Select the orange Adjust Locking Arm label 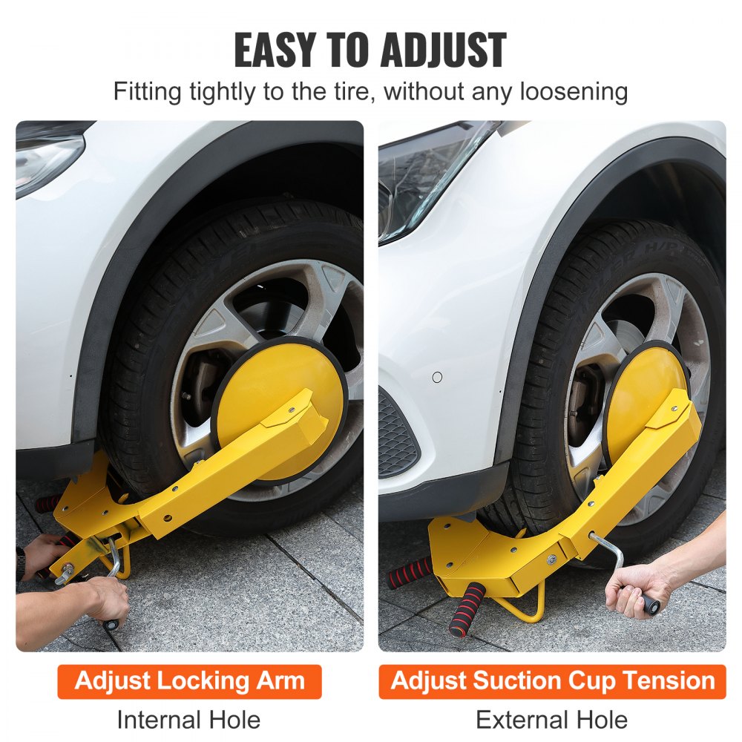[190, 681]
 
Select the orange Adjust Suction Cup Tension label [552, 681]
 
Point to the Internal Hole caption [188, 719]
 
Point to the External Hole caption [551, 719]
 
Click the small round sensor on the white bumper [437, 377]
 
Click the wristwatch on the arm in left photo [20, 564]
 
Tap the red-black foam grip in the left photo [48, 504]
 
